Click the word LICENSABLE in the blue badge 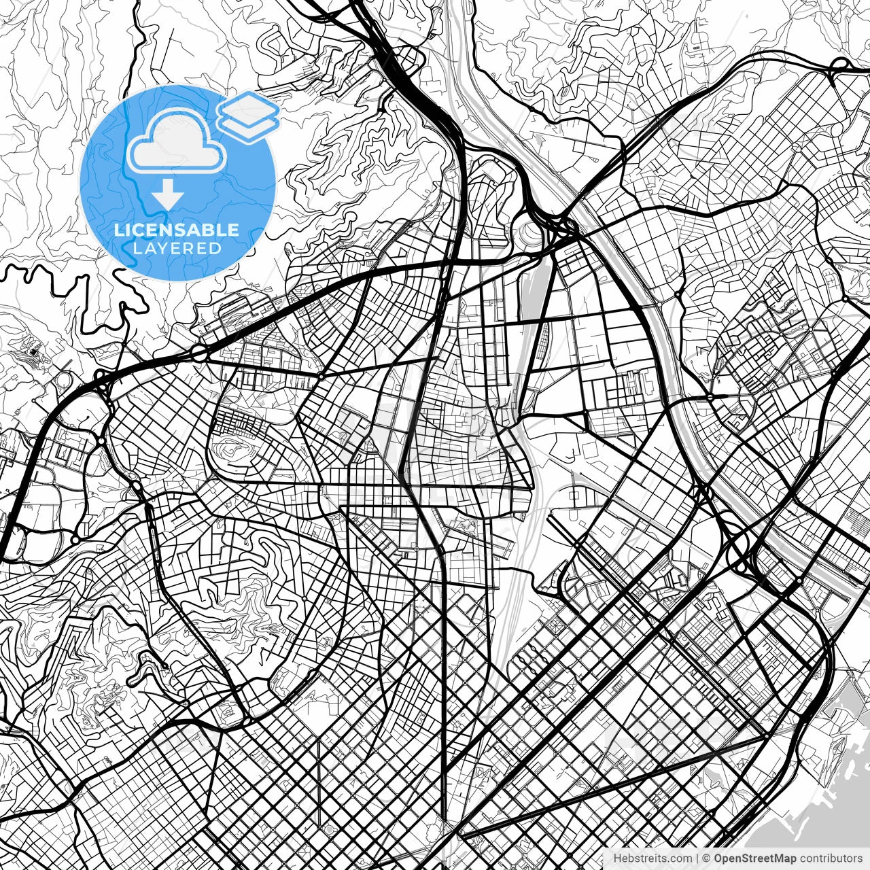click(x=177, y=230)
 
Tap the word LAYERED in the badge click(x=177, y=249)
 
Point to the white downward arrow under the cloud click(x=167, y=196)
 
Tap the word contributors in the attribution click(x=830, y=858)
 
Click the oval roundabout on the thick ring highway click(x=199, y=353)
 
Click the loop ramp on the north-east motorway click(x=841, y=65)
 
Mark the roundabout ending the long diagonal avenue click(x=767, y=735)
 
